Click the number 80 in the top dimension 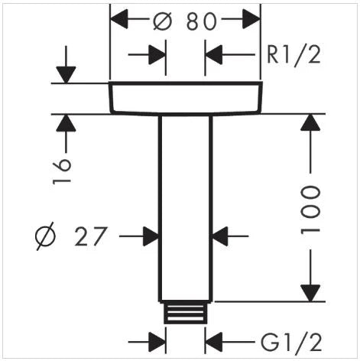pyautogui.click(x=201, y=21)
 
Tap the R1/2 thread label pyautogui.click(x=294, y=54)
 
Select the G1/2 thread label pyautogui.click(x=291, y=342)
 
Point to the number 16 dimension pyautogui.click(x=61, y=171)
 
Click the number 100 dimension pyautogui.click(x=310, y=210)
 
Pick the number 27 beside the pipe pyautogui.click(x=90, y=236)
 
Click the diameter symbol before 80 pyautogui.click(x=163, y=21)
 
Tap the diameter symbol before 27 pyautogui.click(x=45, y=236)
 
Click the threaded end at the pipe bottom pyautogui.click(x=186, y=313)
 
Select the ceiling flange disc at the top pyautogui.click(x=186, y=98)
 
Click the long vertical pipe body pyautogui.click(x=186, y=208)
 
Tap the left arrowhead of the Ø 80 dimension pyautogui.click(x=119, y=18)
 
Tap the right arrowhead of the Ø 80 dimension pyautogui.click(x=251, y=18)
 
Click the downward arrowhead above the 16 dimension pyautogui.click(x=66, y=75)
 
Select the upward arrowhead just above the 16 pyautogui.click(x=66, y=123)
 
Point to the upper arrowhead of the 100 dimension pyautogui.click(x=310, y=122)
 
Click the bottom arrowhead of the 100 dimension pyautogui.click(x=310, y=293)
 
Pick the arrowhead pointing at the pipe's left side pyautogui.click(x=151, y=236)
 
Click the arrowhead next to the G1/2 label pyautogui.click(x=214, y=342)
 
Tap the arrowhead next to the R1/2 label pyautogui.click(x=214, y=54)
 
